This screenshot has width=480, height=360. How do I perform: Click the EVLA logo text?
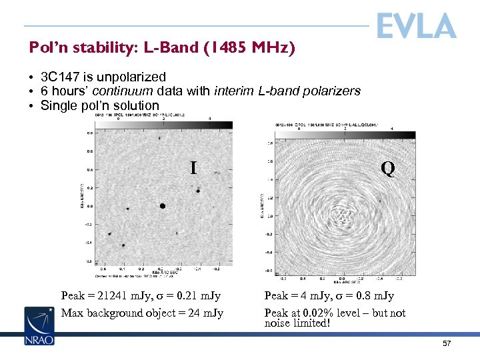click(x=416, y=26)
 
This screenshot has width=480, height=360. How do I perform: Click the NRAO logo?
click(x=39, y=326)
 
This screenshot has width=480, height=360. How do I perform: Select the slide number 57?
click(x=447, y=343)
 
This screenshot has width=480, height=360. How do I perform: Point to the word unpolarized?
click(x=131, y=77)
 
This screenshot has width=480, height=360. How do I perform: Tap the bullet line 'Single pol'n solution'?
click(x=100, y=105)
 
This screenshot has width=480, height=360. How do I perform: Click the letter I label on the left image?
click(x=193, y=168)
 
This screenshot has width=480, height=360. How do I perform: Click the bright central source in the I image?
click(x=163, y=206)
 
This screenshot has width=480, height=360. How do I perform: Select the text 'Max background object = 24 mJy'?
click(x=142, y=313)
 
